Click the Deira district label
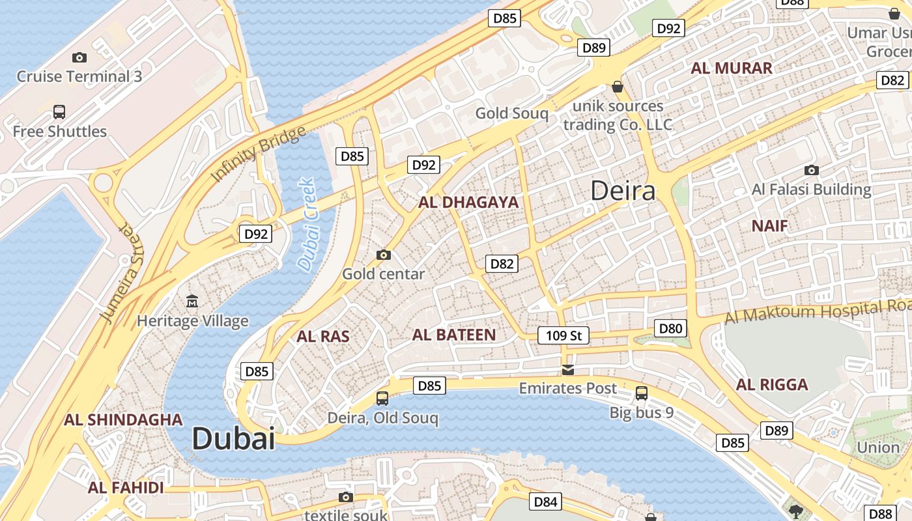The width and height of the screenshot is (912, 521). click(623, 191)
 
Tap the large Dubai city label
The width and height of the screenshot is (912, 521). click(233, 438)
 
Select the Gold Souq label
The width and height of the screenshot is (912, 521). click(511, 113)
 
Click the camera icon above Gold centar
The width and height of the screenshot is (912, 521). click(384, 255)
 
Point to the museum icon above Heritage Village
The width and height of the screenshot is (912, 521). click(192, 301)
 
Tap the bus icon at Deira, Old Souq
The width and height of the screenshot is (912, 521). click(382, 398)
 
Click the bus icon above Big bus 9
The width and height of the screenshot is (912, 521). click(642, 393)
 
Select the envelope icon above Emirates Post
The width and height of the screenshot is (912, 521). click(568, 370)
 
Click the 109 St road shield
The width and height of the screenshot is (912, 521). click(563, 335)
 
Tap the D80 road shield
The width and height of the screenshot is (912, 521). click(670, 328)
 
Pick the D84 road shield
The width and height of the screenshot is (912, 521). click(545, 501)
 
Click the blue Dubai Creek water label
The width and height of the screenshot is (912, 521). click(307, 225)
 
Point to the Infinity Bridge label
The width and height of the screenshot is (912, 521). click(258, 154)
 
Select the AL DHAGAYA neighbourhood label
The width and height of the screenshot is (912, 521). click(468, 203)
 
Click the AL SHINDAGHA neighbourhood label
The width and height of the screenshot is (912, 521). click(123, 419)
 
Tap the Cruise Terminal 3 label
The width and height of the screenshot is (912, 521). click(79, 76)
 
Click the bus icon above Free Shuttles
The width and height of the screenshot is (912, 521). click(59, 111)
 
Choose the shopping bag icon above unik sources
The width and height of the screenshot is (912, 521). click(618, 87)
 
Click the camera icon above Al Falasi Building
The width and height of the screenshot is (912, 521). click(811, 171)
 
